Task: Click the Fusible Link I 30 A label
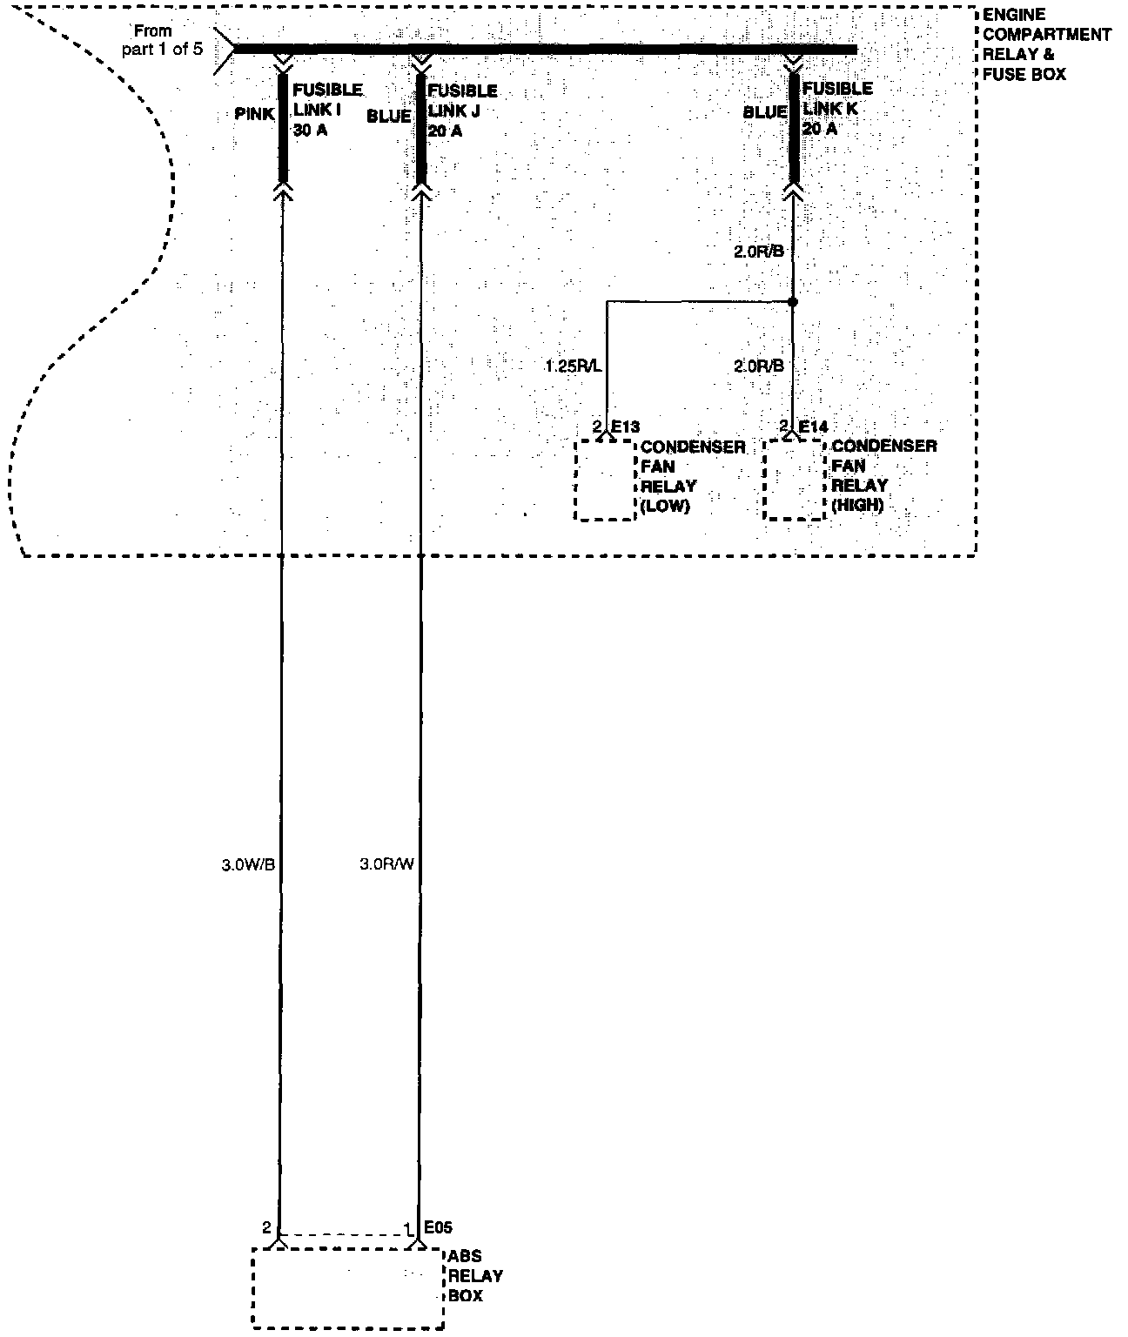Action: click(x=326, y=111)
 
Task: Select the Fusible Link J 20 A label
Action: click(x=461, y=111)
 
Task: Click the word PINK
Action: click(x=254, y=114)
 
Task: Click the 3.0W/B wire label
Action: click(x=248, y=864)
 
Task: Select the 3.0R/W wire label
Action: click(x=386, y=864)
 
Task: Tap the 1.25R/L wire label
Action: click(x=573, y=366)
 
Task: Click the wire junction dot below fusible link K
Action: click(x=792, y=302)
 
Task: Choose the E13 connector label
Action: click(x=625, y=427)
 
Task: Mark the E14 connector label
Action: click(x=813, y=427)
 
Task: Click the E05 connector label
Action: click(x=438, y=1227)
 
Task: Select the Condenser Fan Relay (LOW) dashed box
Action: click(x=605, y=480)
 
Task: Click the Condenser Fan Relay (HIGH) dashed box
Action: click(x=794, y=480)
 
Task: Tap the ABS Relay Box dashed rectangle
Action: click(x=347, y=1288)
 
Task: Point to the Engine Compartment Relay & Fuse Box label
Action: click(x=1046, y=45)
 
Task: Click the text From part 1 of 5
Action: click(x=162, y=40)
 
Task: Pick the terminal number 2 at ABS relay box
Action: click(x=266, y=1227)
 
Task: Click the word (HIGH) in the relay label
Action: click(x=857, y=505)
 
